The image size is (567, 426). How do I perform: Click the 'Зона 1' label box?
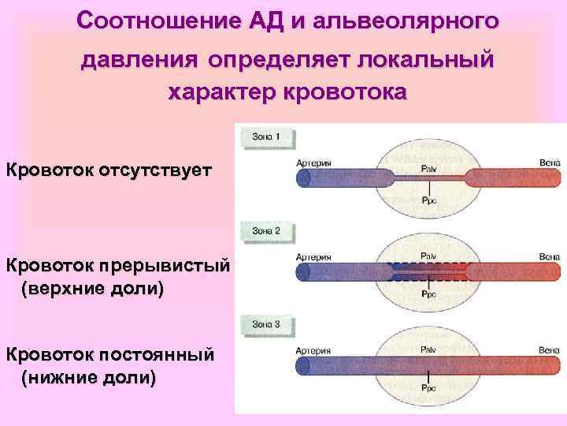pyautogui.click(x=265, y=138)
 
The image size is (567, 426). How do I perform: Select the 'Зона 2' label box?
pyautogui.click(x=265, y=231)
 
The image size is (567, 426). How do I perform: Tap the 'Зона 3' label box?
pyautogui.click(x=265, y=324)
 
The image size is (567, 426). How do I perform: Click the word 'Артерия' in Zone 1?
pyautogui.click(x=313, y=163)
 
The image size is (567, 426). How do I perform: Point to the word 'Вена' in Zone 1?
pyautogui.click(x=550, y=163)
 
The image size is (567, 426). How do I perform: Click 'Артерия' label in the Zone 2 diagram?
pyautogui.click(x=313, y=256)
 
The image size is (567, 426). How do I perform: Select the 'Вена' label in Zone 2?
pyautogui.click(x=550, y=256)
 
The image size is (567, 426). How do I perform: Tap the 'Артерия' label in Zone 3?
pyautogui.click(x=313, y=349)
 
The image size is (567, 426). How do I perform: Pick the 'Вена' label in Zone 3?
pyautogui.click(x=550, y=349)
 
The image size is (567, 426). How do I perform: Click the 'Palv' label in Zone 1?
pyautogui.click(x=429, y=168)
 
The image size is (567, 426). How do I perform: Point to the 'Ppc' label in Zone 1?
pyautogui.click(x=429, y=200)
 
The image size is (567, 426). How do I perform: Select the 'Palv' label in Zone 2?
pyautogui.click(x=429, y=256)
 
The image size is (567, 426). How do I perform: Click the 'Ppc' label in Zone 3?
pyautogui.click(x=429, y=388)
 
